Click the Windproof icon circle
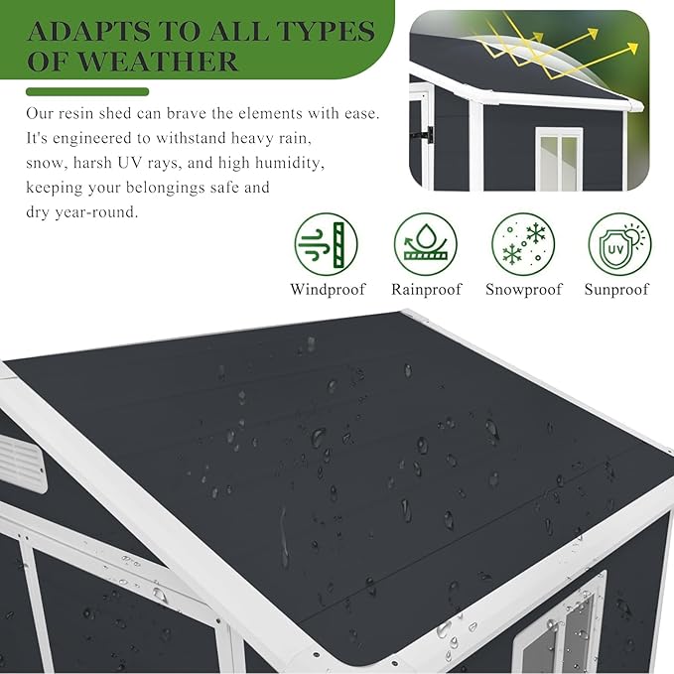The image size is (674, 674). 327,244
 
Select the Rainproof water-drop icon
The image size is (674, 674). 426,244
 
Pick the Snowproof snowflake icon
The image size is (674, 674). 524,244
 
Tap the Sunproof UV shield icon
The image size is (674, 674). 619,244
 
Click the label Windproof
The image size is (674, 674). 328,290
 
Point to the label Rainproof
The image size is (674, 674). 427,290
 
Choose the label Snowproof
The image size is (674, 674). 524,290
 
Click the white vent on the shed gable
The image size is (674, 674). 23,463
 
